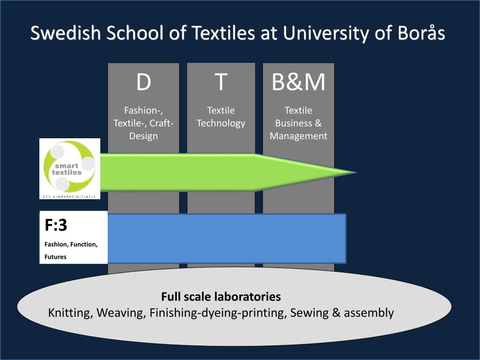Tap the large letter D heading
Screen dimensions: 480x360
(143, 82)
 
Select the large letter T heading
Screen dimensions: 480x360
(221, 82)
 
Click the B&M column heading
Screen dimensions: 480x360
(298, 82)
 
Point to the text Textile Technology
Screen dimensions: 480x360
(221, 117)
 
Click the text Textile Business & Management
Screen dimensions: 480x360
(298, 123)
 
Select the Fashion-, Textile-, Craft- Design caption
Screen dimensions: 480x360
(143, 123)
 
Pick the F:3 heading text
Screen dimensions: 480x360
(56, 225)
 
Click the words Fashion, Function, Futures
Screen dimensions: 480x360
(71, 250)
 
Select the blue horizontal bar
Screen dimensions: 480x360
(226, 238)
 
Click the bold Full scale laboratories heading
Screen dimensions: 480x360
(221, 297)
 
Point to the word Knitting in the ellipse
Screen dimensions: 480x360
(70, 313)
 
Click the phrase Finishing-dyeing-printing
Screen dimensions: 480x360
(217, 313)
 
